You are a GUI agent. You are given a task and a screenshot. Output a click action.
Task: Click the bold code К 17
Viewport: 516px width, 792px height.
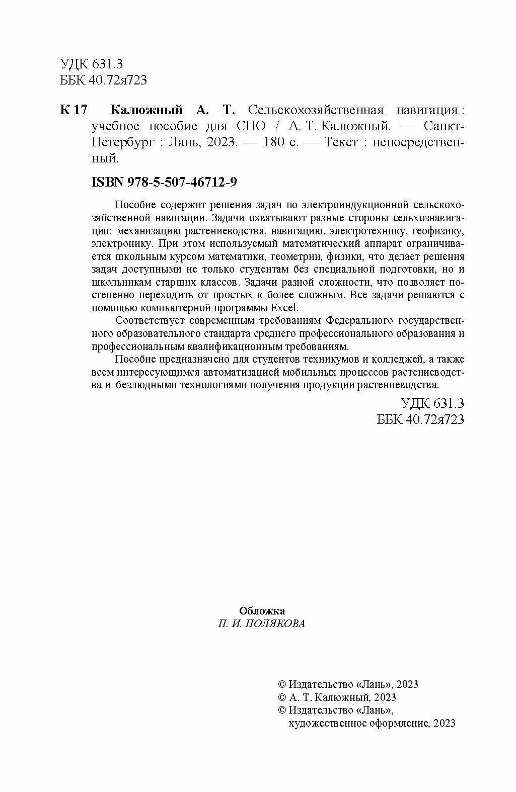pos(73,111)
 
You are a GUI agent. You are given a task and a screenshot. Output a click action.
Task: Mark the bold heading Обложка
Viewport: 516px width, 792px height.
pos(262,611)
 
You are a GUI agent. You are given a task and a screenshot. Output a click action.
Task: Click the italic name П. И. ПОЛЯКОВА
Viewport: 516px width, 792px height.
pos(262,624)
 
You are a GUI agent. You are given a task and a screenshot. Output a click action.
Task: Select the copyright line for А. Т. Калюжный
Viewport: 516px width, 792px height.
pos(337,697)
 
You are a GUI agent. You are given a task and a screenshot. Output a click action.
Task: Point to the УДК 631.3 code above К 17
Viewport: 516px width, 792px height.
pos(91,64)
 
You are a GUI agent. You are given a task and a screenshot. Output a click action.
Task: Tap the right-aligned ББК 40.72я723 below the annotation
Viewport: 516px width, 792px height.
pos(420,419)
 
